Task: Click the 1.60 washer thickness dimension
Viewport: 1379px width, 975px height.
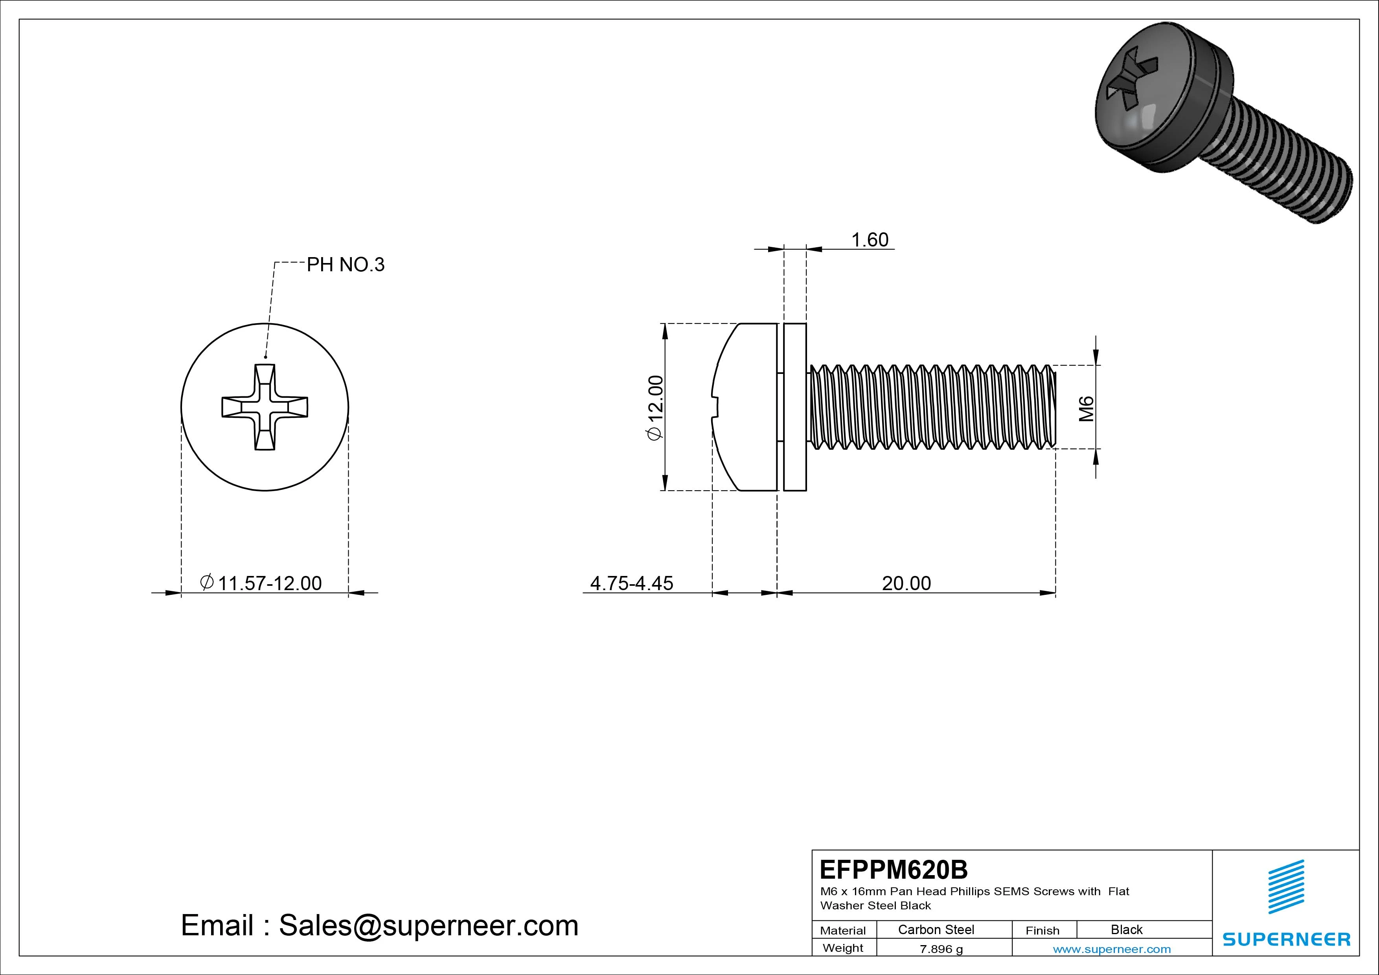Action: [869, 240]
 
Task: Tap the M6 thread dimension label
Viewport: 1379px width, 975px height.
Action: [1086, 408]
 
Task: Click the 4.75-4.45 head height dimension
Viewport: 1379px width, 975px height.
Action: [631, 583]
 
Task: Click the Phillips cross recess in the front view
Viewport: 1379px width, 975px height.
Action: [265, 407]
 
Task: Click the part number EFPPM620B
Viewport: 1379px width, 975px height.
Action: [894, 869]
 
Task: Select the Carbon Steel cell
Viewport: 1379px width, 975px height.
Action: [936, 929]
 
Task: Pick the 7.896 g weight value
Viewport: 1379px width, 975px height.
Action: [941, 949]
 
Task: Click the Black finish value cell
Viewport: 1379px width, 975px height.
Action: [1126, 929]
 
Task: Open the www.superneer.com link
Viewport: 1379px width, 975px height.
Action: [1111, 949]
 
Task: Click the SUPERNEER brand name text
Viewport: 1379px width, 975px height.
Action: [1286, 939]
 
